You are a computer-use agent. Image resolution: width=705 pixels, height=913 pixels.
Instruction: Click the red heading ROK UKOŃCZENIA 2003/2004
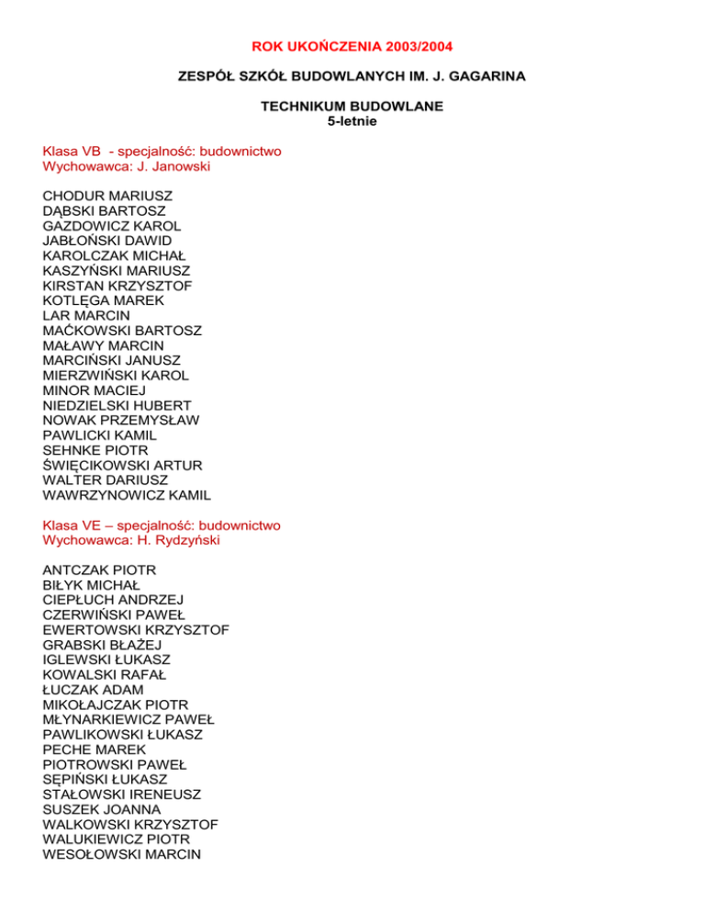pos(352,45)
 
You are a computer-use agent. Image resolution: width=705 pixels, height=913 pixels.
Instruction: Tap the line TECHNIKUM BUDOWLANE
pos(352,107)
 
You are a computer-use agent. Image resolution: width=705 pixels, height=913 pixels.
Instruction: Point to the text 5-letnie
pos(352,120)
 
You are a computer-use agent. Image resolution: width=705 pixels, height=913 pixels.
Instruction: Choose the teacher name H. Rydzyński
pos(184,540)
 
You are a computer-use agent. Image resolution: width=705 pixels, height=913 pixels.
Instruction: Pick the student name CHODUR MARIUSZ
pos(107,196)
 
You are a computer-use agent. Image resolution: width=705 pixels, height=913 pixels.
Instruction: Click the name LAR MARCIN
pos(86,315)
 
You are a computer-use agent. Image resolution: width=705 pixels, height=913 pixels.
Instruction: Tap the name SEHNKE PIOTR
pos(95,450)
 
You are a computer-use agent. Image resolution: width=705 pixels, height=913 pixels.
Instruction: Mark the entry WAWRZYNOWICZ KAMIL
pos(127,495)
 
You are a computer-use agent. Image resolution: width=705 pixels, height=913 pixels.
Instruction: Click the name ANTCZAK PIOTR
pos(100,570)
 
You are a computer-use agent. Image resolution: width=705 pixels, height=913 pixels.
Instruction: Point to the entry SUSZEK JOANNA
pos(102,809)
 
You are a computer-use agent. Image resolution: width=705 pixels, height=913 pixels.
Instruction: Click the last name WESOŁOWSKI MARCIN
pos(122,854)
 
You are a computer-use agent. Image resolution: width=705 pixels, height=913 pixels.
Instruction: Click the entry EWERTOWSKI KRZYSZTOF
pos(136,630)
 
